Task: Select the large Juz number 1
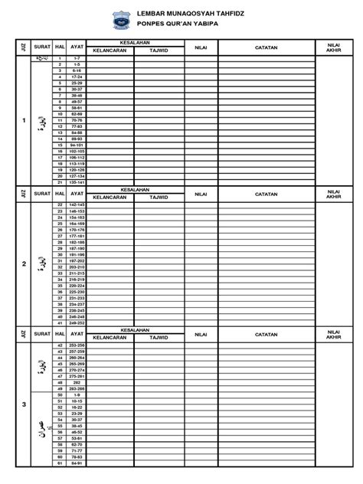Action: [x=24, y=121]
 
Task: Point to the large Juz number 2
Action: [x=24, y=264]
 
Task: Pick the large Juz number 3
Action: [x=24, y=404]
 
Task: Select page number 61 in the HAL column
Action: [x=59, y=463]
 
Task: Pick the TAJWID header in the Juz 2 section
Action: [x=159, y=196]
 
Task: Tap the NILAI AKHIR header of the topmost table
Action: [x=333, y=47]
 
